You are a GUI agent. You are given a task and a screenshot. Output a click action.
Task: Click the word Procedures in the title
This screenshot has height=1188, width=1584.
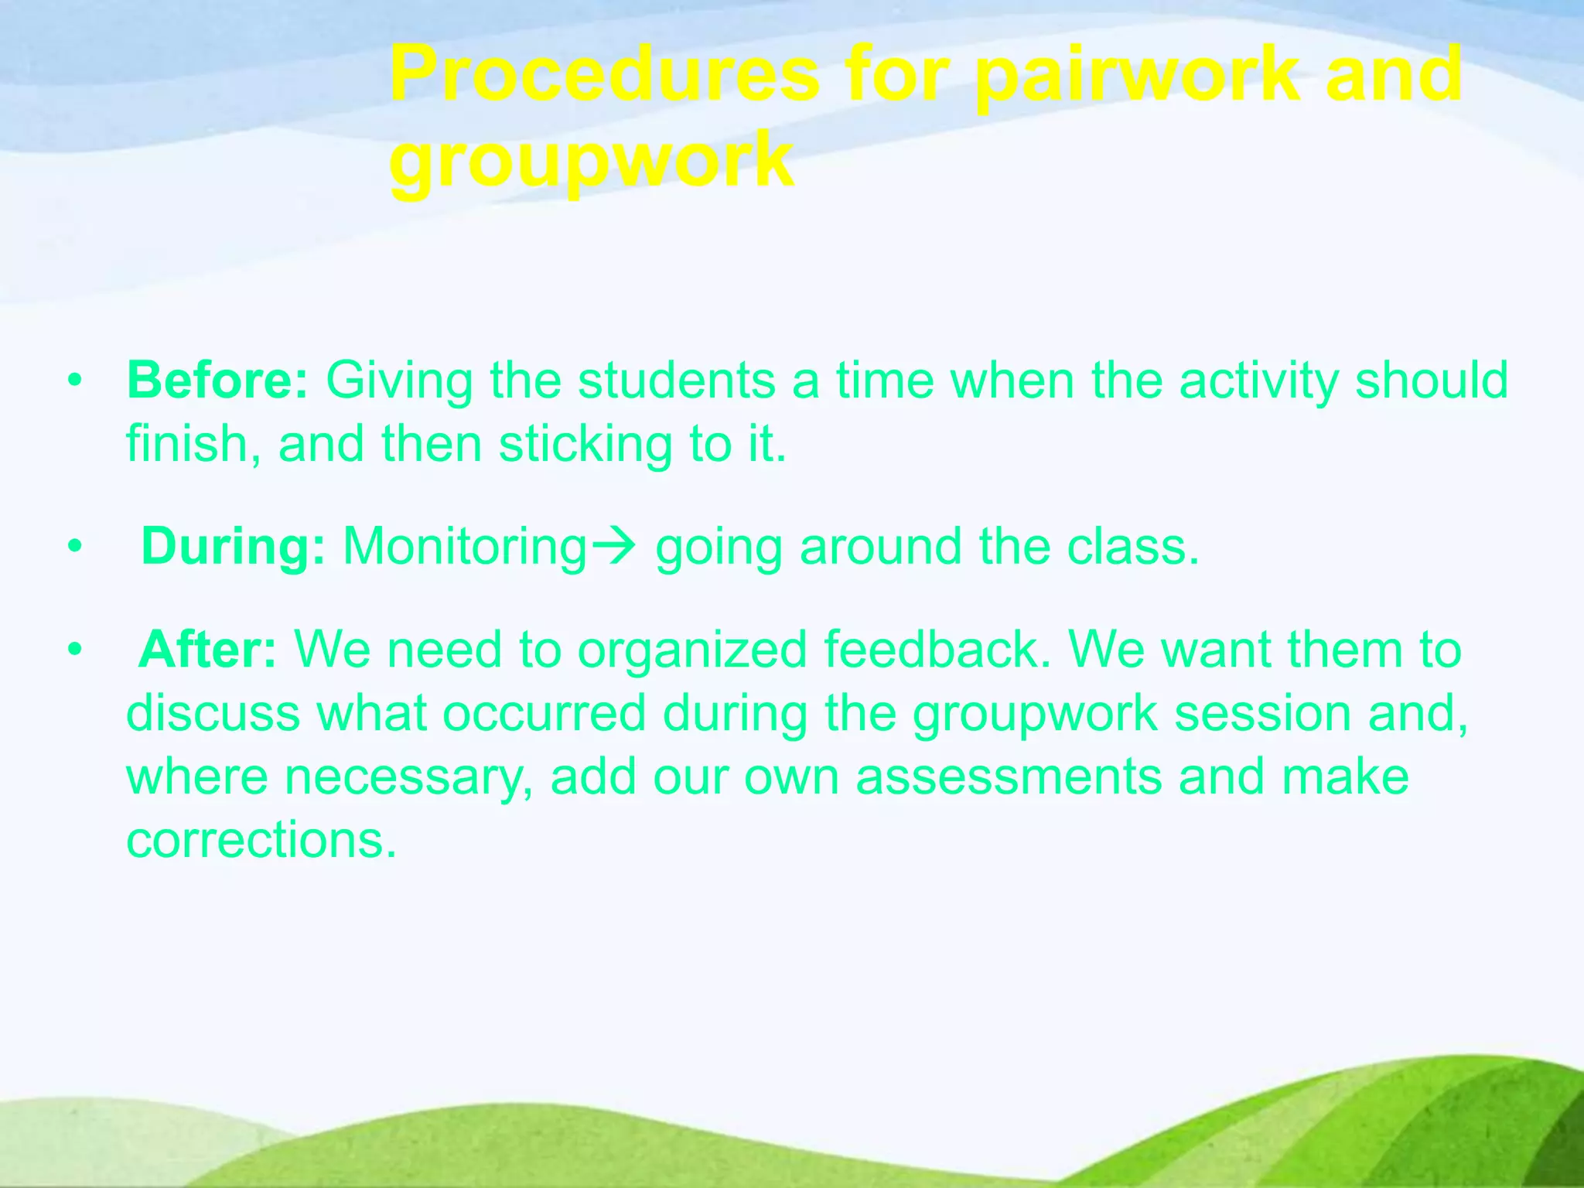point(603,75)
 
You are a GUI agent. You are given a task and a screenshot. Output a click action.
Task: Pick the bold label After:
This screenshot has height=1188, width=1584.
point(207,649)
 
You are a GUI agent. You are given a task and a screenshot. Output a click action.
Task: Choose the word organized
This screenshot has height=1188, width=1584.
point(692,650)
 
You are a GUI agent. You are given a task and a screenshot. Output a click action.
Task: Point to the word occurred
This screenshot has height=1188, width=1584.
point(544,712)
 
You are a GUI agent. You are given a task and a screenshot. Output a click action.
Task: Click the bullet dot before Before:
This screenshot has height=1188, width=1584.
point(74,381)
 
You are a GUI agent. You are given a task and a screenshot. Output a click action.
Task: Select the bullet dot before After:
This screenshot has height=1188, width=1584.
point(74,650)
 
